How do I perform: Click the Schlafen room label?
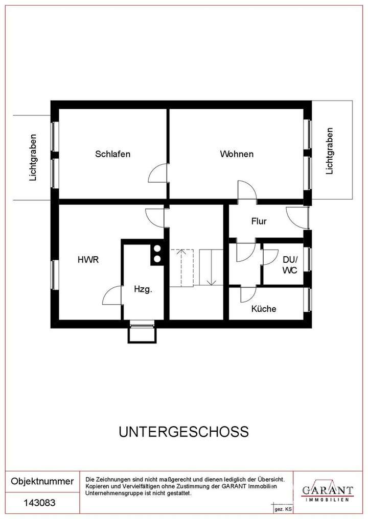click(112, 154)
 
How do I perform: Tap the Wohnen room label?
click(237, 154)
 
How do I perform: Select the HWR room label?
click(88, 259)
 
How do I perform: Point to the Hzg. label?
click(143, 289)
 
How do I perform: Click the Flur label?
click(259, 221)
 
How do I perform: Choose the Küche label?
click(264, 309)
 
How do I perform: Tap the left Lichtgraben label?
click(34, 157)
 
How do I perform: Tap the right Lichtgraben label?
click(330, 151)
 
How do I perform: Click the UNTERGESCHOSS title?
click(183, 432)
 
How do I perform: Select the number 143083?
click(40, 503)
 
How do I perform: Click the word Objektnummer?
click(42, 481)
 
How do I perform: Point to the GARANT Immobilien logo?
click(327, 490)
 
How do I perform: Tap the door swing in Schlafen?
click(157, 174)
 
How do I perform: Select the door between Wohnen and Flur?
click(246, 191)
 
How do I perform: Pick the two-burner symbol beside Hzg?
click(156, 254)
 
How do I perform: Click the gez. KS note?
click(283, 509)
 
